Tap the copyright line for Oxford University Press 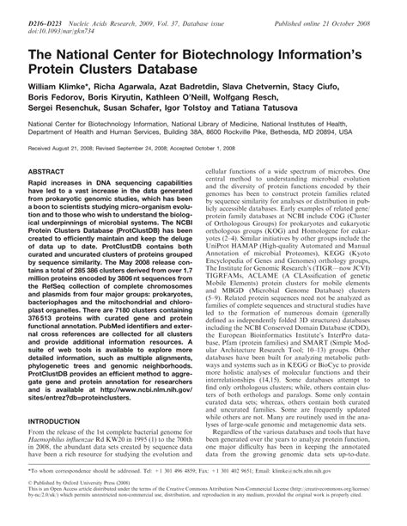(70, 485)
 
